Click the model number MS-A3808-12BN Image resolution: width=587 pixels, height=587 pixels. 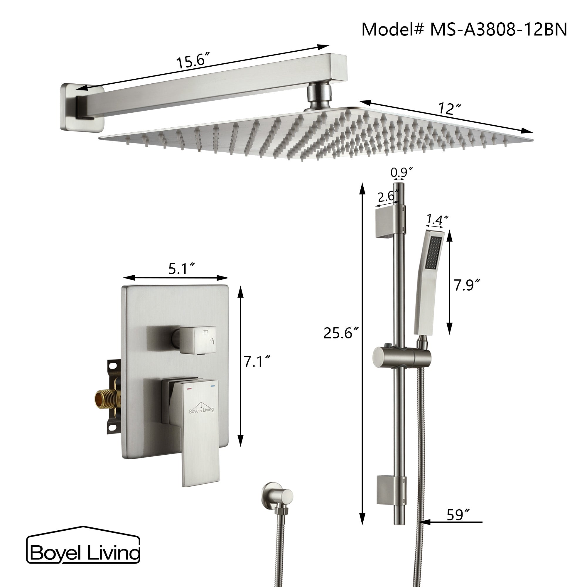click(x=498, y=30)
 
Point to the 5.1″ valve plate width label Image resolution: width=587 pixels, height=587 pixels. click(x=182, y=269)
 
